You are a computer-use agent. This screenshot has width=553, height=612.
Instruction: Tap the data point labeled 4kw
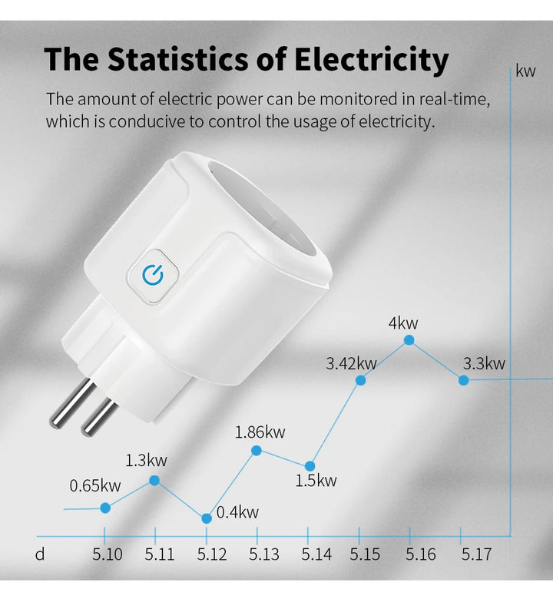[x=409, y=339]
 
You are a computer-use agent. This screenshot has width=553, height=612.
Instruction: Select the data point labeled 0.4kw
[x=207, y=518]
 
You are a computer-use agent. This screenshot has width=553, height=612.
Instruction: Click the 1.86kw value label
[x=260, y=432]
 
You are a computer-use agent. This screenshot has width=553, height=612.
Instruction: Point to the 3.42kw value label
[x=351, y=363]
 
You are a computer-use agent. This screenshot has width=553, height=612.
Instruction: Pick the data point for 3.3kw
[x=463, y=380]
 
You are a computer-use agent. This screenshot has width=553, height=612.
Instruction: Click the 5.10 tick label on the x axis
[x=107, y=554]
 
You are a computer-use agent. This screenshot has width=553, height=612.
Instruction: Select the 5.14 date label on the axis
[x=316, y=554]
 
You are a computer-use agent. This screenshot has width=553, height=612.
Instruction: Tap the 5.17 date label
[x=476, y=554]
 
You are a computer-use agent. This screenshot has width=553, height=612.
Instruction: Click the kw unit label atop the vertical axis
[x=525, y=71]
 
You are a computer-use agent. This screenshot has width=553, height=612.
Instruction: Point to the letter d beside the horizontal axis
[x=40, y=554]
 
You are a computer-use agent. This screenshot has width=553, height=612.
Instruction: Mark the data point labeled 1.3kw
[x=154, y=480]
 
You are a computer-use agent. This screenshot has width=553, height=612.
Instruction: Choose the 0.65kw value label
[x=95, y=485]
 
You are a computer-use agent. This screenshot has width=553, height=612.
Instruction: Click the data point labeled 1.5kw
[x=310, y=466]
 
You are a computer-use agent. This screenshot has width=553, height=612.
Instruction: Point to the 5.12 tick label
[x=212, y=554]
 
